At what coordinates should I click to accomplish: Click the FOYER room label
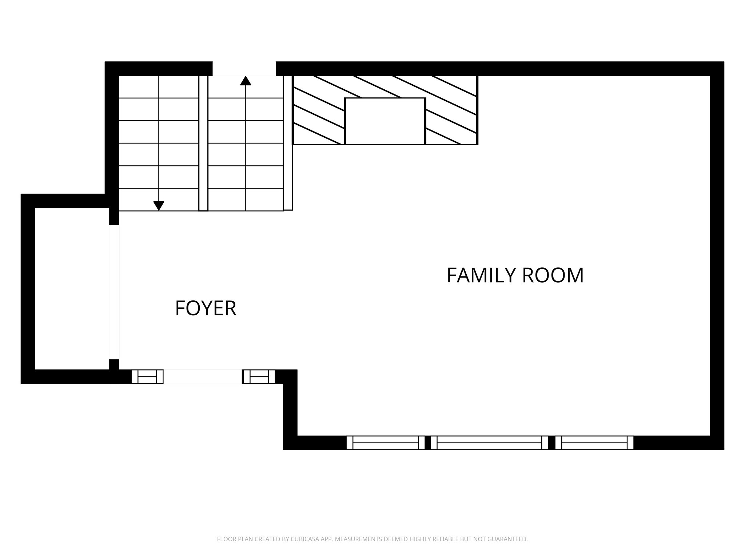tap(206, 308)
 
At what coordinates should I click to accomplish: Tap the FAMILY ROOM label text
tap(515, 275)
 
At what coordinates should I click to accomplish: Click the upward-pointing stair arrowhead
tap(246, 81)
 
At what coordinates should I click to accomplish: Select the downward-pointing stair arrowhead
tap(159, 206)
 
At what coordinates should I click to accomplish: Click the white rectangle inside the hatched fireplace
tap(385, 121)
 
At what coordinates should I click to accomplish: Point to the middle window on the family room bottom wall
tap(489, 443)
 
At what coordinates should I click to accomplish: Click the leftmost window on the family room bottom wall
tap(385, 443)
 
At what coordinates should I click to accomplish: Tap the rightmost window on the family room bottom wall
tap(594, 443)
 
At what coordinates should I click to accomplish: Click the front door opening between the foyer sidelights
tap(203, 377)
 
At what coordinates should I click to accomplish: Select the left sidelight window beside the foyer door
tap(147, 377)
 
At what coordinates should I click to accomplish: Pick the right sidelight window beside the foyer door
tap(259, 377)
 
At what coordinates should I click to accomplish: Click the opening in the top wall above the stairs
tap(244, 69)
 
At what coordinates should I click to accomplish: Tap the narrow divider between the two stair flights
tap(203, 143)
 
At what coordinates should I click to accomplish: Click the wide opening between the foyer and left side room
tap(114, 292)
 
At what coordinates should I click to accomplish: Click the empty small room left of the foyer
tap(72, 289)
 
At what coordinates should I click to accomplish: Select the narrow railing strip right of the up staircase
tap(288, 143)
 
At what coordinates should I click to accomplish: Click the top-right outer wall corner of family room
tap(717, 69)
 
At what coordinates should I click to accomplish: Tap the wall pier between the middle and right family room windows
tap(551, 443)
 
